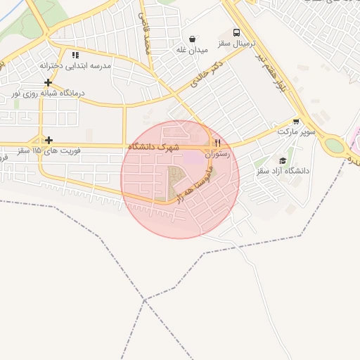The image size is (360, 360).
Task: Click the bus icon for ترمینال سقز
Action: pyautogui.click(x=236, y=32)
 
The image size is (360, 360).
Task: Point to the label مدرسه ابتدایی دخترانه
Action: pyautogui.click(x=75, y=65)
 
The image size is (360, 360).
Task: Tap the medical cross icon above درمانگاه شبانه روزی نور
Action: pyautogui.click(x=47, y=82)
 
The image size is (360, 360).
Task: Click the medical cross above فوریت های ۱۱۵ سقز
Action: pyautogui.click(x=47, y=140)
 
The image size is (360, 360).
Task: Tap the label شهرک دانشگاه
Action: pyautogui.click(x=154, y=146)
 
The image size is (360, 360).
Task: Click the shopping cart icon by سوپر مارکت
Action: pyautogui.click(x=296, y=121)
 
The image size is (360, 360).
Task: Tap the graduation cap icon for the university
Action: pyautogui.click(x=283, y=160)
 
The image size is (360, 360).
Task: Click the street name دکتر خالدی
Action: pyautogui.click(x=205, y=79)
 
